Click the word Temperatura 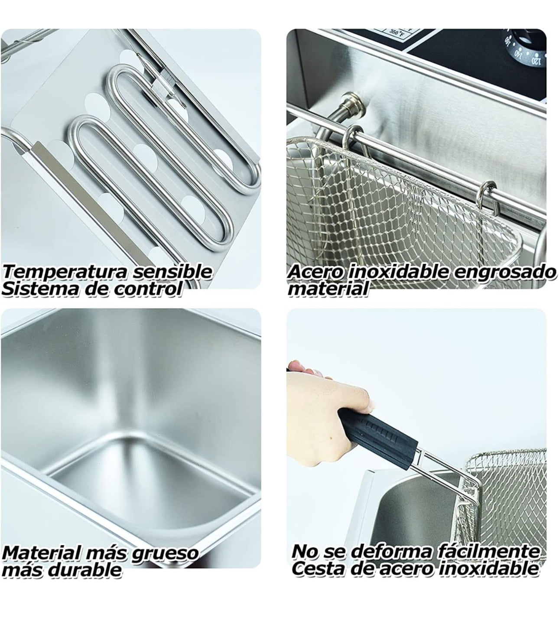(65, 273)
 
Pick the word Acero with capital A (315, 272)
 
